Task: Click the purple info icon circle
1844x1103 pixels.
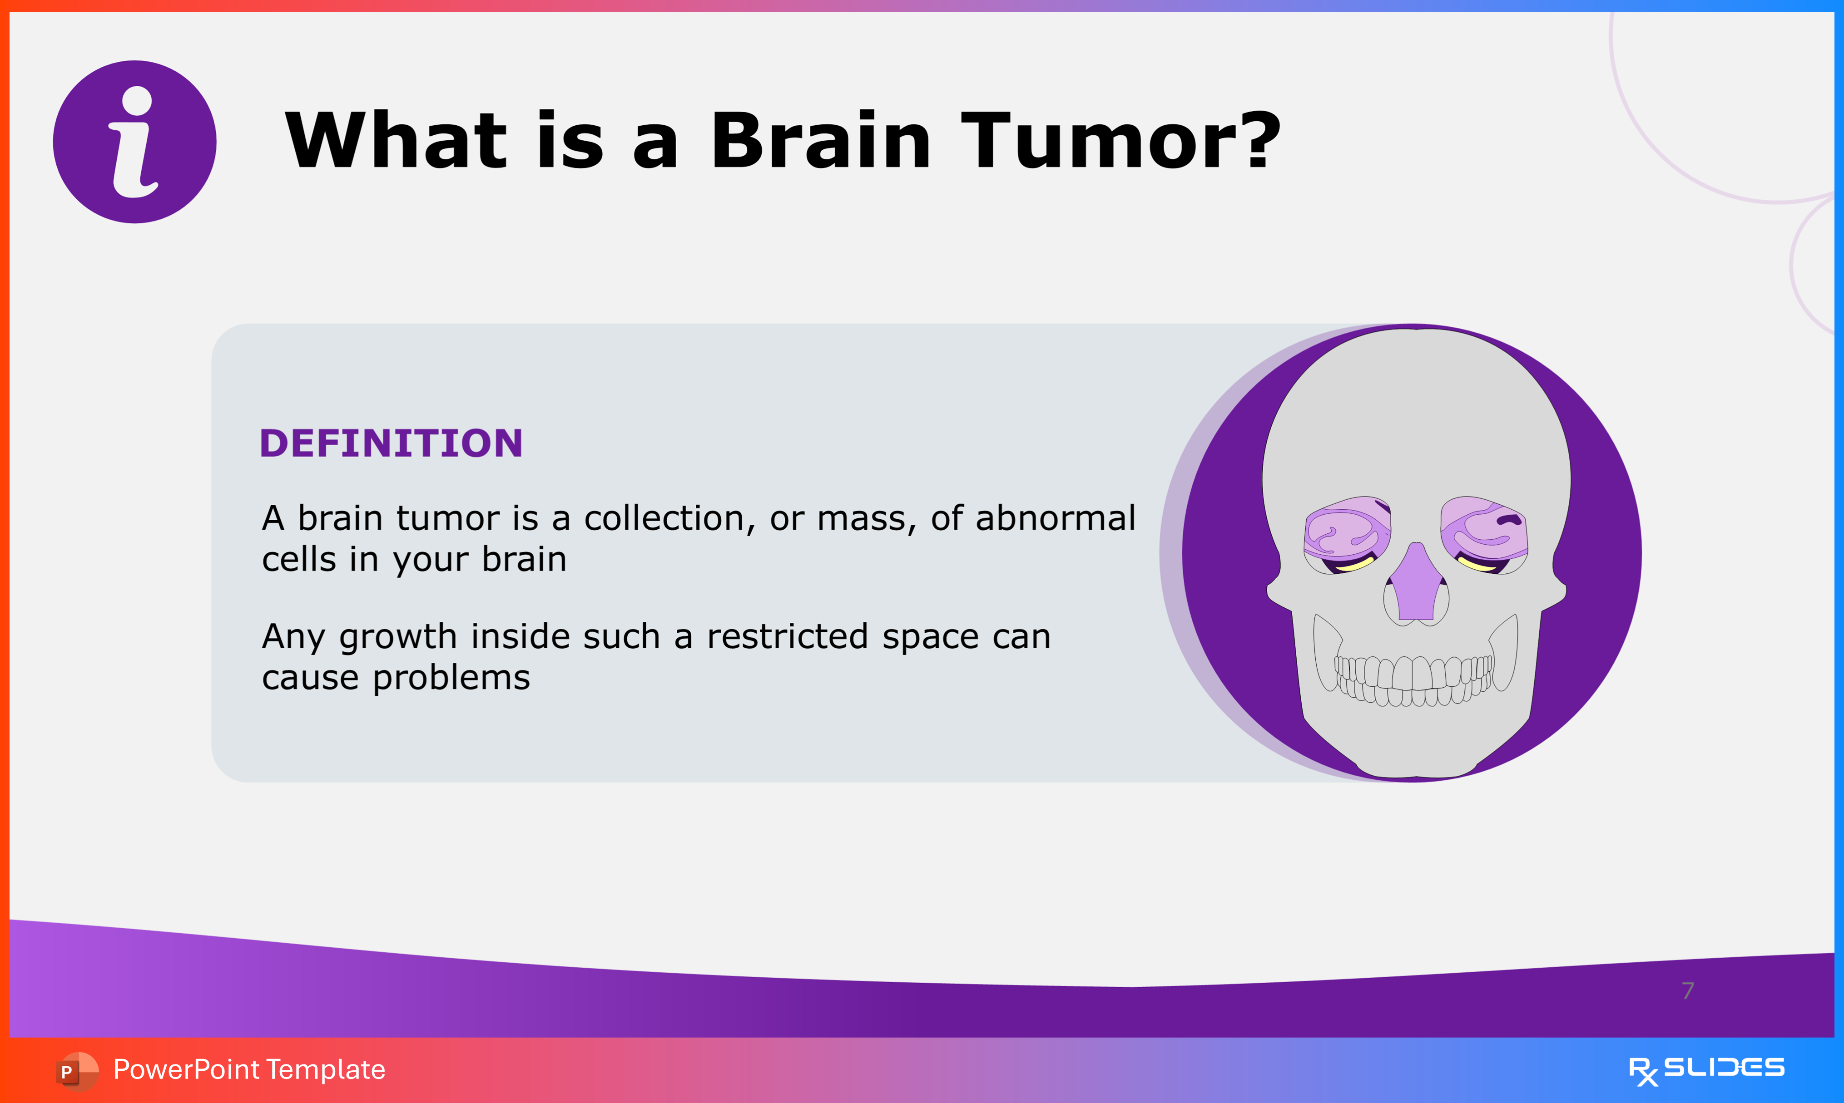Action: [134, 142]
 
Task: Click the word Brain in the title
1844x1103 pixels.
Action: [821, 140]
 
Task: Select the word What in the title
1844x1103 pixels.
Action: [397, 140]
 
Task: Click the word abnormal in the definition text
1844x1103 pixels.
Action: [1056, 517]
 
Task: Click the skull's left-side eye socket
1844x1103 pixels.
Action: [1347, 535]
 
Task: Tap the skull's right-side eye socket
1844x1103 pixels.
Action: [1484, 535]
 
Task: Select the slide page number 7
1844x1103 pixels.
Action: [1688, 991]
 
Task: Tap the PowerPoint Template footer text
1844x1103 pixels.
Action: [249, 1069]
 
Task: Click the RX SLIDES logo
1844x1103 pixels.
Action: [1706, 1070]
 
